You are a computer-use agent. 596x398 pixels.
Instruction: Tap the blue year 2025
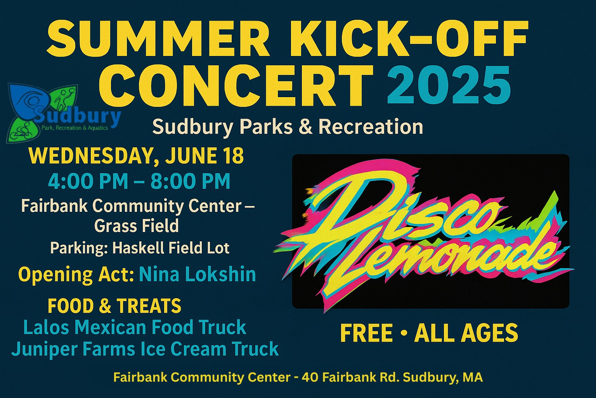coord(449,85)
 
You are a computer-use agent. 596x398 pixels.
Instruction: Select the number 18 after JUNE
coord(234,156)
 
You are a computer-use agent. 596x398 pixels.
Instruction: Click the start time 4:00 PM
coord(88,182)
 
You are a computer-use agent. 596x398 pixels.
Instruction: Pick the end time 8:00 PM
coord(191,182)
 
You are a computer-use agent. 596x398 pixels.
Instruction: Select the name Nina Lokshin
coord(197,274)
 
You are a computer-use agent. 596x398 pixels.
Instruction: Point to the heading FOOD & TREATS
coord(114,306)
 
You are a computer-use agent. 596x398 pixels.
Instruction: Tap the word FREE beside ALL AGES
coord(367,333)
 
